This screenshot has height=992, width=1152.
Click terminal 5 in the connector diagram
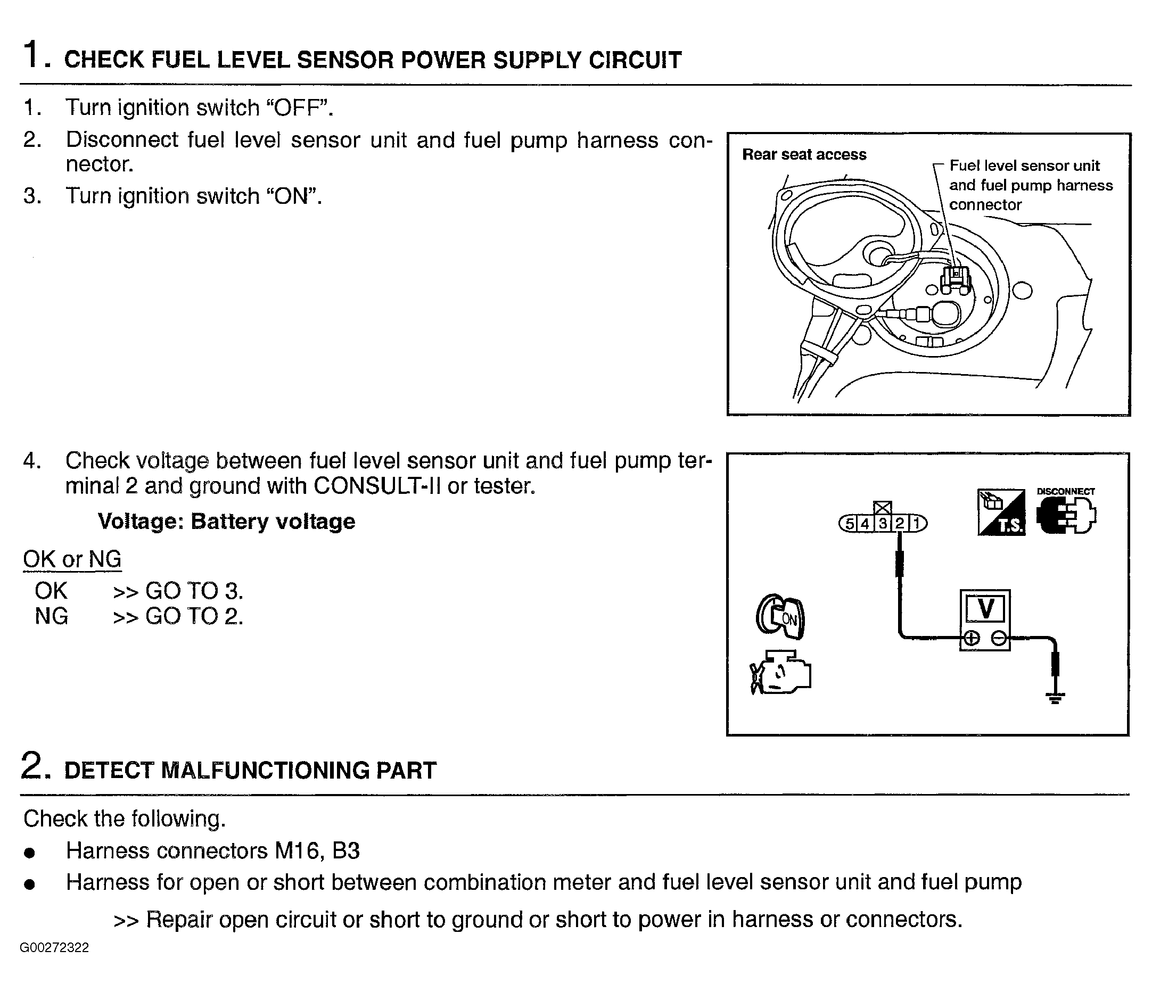click(x=849, y=524)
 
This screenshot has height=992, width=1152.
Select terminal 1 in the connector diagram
click(x=917, y=524)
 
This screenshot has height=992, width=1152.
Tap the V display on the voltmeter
click(x=985, y=608)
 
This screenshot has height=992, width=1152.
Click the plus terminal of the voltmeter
click(x=972, y=639)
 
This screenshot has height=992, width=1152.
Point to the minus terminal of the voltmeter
click(x=999, y=639)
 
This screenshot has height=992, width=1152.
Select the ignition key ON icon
click(x=780, y=617)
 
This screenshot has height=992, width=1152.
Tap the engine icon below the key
click(x=780, y=673)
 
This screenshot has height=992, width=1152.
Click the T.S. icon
click(x=1001, y=512)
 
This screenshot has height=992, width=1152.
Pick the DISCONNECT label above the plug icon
click(x=1065, y=491)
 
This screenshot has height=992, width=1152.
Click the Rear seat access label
click(x=804, y=154)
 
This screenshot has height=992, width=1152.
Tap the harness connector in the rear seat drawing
click(x=955, y=279)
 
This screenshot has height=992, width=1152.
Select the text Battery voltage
click(x=273, y=522)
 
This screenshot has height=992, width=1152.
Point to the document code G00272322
click(x=54, y=947)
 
